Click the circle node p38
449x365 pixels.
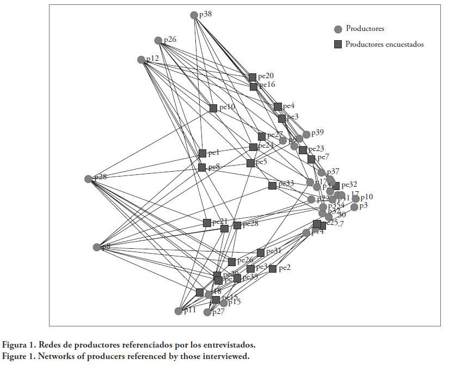pyautogui.click(x=194, y=15)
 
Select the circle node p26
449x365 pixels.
pyautogui.click(x=158, y=41)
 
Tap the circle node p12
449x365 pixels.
pyautogui.click(x=142, y=59)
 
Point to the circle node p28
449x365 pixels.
pyautogui.click(x=89, y=179)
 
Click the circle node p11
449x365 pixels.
pyautogui.click(x=179, y=311)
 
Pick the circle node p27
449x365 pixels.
pyautogui.click(x=207, y=312)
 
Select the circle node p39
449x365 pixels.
pyautogui.click(x=306, y=134)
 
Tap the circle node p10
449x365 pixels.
pyautogui.click(x=356, y=198)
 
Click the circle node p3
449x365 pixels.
pyautogui.click(x=354, y=207)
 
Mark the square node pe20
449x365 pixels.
pyautogui.click(x=253, y=77)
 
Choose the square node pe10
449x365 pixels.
pyautogui.click(x=213, y=108)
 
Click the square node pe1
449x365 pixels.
pyautogui.click(x=202, y=153)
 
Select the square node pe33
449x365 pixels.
pyautogui.click(x=272, y=185)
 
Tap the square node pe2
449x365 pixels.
pyautogui.click(x=273, y=268)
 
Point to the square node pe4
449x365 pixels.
pyautogui.click(x=278, y=106)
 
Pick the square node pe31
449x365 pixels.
pyautogui.click(x=261, y=252)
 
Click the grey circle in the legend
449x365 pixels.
pyautogui.click(x=338, y=29)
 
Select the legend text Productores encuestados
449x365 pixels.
pyautogui.click(x=384, y=45)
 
